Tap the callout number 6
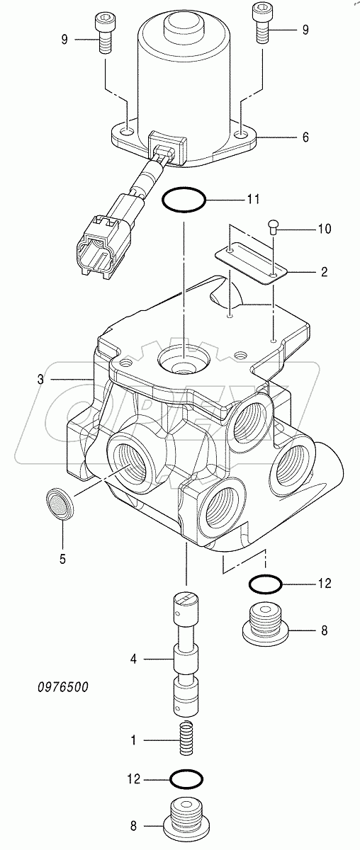click(305, 137)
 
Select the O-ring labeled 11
click(184, 201)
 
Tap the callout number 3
click(41, 379)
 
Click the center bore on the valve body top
click(183, 361)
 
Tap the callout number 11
click(253, 200)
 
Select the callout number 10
click(323, 229)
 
